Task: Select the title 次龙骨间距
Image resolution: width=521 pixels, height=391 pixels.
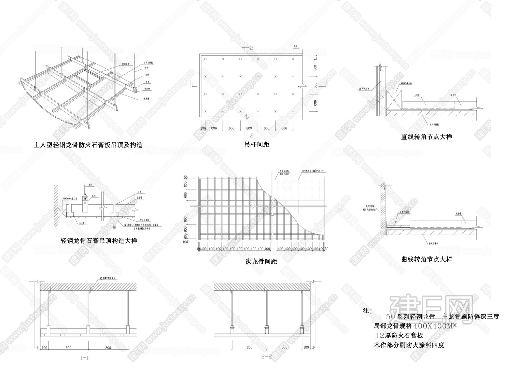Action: click(x=261, y=261)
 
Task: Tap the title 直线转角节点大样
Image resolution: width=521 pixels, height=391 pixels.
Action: click(x=427, y=137)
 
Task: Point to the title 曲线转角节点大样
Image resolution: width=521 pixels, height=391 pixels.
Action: click(x=427, y=259)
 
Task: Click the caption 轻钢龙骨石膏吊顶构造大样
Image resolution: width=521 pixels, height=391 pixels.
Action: click(x=99, y=241)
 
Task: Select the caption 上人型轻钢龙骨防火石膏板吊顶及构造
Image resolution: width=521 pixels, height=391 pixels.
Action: click(x=88, y=145)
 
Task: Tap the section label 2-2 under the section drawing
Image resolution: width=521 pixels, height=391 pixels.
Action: click(x=266, y=357)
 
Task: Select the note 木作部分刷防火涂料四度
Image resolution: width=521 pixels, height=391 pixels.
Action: click(x=409, y=345)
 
